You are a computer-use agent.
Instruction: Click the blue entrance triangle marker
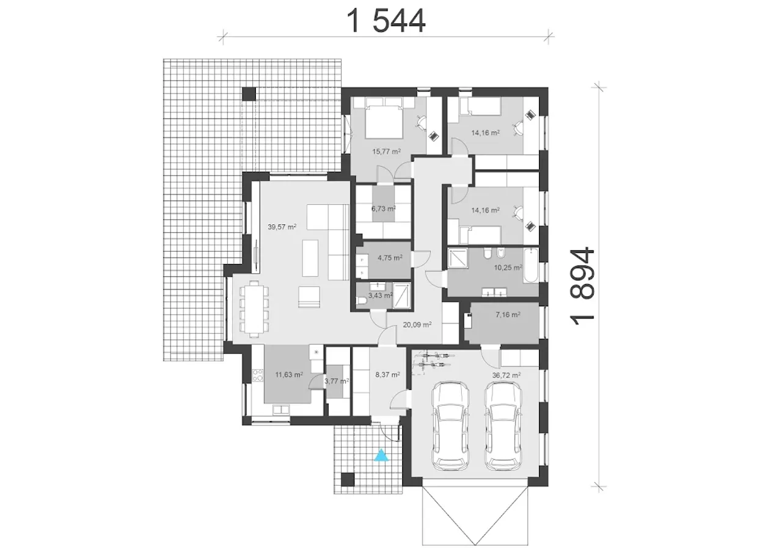point(381,456)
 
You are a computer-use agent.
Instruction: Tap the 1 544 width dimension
point(387,21)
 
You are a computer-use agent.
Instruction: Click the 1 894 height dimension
point(582,286)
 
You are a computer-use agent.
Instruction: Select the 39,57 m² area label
point(282,227)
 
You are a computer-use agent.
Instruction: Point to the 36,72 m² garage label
point(506,375)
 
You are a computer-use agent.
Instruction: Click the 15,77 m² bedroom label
point(387,152)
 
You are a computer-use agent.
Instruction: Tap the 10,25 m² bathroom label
point(508,268)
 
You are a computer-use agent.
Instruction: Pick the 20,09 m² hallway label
point(417,324)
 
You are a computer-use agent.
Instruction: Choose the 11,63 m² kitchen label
point(289,375)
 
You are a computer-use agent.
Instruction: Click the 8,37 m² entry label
point(387,375)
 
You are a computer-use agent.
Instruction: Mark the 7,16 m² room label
point(508,315)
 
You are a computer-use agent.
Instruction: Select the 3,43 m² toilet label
point(381,295)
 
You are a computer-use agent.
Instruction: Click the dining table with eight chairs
point(254,309)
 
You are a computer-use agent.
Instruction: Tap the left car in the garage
point(450,427)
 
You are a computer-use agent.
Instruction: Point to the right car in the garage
point(503,427)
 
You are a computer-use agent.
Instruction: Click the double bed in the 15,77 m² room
point(384,118)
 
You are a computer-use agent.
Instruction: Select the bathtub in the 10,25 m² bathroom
point(531,266)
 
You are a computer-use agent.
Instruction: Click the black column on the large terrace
point(249,94)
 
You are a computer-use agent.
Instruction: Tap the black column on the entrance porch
point(348,480)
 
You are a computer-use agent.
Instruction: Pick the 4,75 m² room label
point(390,258)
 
